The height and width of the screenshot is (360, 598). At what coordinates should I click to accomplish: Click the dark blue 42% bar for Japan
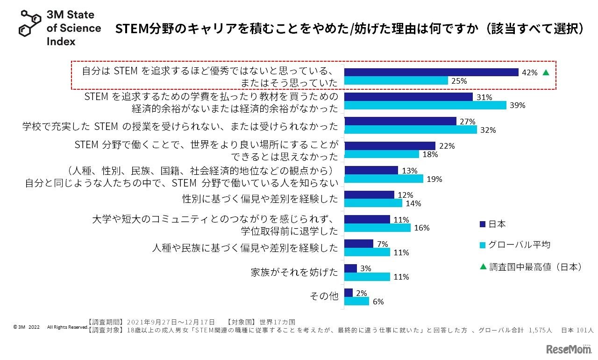431,72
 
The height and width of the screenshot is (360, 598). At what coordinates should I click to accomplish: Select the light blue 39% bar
425,105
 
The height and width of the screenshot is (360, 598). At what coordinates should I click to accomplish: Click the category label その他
324,296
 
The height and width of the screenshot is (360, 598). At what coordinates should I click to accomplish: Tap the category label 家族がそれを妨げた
294,272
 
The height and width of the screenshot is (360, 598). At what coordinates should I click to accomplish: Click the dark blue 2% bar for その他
349,293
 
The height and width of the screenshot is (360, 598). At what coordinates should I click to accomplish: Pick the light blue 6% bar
356,301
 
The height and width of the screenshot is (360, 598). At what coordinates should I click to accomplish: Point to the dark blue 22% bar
390,146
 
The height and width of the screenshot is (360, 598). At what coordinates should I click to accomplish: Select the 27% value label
468,122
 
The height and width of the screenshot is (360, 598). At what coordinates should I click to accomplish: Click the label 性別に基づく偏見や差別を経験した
260,199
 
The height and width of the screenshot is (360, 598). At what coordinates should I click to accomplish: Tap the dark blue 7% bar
359,244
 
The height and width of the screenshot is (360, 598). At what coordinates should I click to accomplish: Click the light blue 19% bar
384,179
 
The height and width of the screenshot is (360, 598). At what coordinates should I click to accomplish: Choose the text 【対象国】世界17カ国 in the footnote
261,322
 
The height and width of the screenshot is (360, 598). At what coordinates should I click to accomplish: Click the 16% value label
422,228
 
